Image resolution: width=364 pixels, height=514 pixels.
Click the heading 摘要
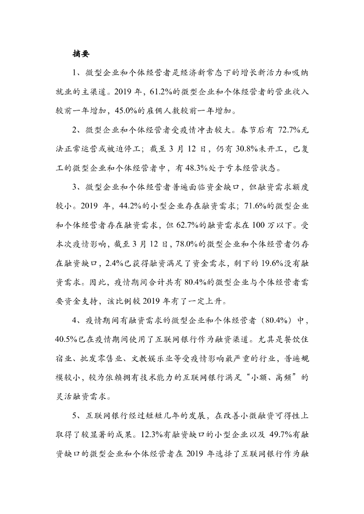coord(82,54)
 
